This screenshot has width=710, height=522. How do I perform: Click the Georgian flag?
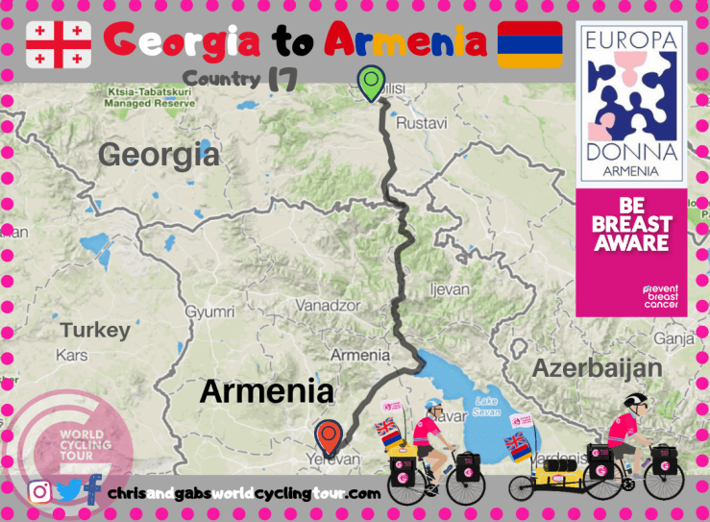[x=59, y=44]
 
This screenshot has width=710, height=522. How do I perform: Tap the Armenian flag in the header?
[x=529, y=44]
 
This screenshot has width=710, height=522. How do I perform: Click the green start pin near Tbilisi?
[x=370, y=84]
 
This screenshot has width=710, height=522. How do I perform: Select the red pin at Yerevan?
[x=330, y=436]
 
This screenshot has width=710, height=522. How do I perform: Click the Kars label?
[x=73, y=357]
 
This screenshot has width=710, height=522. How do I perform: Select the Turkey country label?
[x=95, y=331]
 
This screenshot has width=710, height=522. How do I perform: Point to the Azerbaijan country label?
[x=597, y=368]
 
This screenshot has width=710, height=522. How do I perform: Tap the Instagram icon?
[x=39, y=492]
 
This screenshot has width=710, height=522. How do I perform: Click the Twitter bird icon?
[x=67, y=491]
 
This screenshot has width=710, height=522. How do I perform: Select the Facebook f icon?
[x=92, y=491]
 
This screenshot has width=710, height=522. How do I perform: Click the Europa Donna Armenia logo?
[x=630, y=101]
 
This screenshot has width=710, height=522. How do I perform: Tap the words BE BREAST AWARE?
[x=630, y=227]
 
